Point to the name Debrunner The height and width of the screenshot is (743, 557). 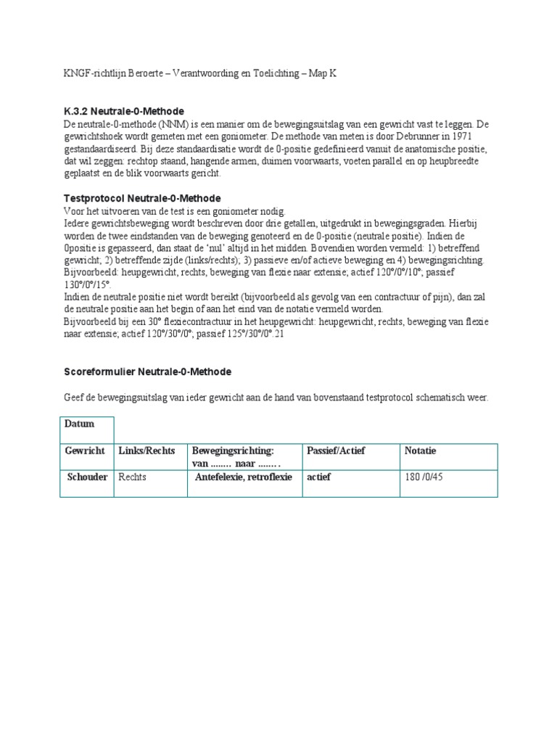[x=416, y=136]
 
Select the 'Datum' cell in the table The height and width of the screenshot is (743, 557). [x=80, y=424]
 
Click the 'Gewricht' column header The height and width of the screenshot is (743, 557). [x=85, y=451]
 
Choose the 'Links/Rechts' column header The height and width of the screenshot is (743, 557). [x=147, y=451]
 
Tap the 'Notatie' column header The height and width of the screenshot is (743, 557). [x=421, y=451]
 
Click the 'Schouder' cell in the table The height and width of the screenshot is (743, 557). [x=87, y=477]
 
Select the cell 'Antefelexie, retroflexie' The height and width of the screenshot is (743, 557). [x=244, y=477]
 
